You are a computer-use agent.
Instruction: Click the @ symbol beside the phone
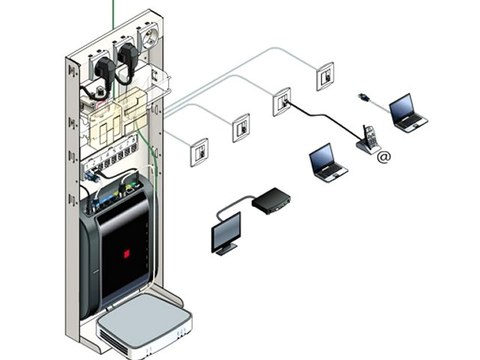point(384,156)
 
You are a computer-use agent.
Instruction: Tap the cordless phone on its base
point(368,140)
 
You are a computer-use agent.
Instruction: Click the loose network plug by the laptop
point(366,97)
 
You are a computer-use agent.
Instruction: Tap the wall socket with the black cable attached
point(283,102)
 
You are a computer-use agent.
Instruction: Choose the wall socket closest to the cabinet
point(199,151)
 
